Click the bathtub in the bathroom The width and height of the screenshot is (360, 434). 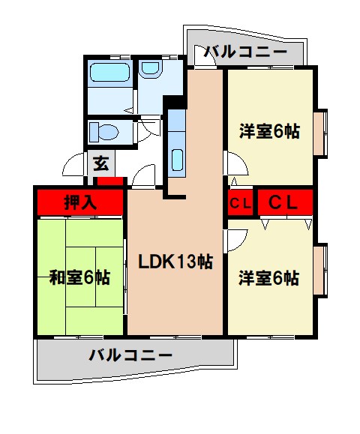coord(109,73)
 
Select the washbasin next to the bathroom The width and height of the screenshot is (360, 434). coord(151,69)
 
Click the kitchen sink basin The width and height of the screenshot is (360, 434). coord(178,160)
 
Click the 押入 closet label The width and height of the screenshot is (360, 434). coord(79,202)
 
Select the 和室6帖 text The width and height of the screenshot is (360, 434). coord(79,277)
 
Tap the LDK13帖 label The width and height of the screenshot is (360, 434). coord(175,262)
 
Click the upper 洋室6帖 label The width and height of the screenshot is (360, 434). coord(270,131)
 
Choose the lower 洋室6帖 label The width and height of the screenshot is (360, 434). coord(270,277)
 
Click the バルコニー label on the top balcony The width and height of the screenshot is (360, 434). coord(245,52)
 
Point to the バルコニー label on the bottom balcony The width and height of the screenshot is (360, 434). coord(130,354)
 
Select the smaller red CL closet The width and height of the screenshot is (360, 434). coord(240,202)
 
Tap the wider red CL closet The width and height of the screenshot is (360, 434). coord(284,202)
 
